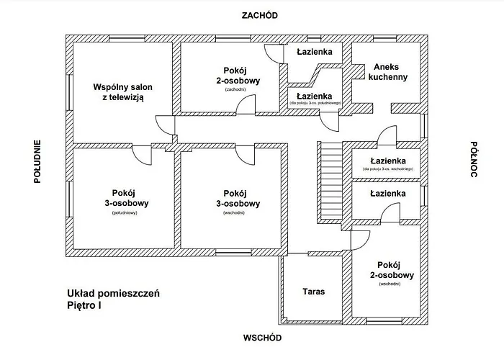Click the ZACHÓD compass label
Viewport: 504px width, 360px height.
click(260, 15)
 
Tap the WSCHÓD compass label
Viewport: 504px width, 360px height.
click(261, 338)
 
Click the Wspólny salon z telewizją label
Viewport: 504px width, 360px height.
click(123, 92)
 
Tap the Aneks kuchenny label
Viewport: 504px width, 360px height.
click(386, 72)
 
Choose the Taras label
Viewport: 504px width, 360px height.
click(313, 292)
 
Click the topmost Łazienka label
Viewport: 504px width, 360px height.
click(315, 53)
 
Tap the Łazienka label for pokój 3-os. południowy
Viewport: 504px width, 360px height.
click(315, 96)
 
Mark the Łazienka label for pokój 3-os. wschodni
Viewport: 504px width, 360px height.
click(387, 161)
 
